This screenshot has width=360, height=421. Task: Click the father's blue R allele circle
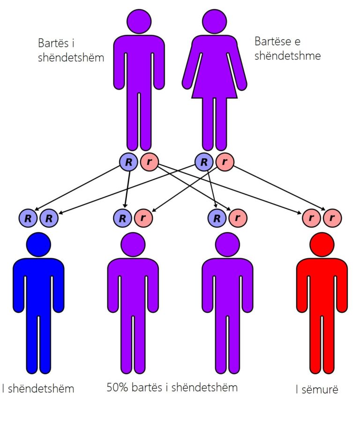click(x=128, y=162)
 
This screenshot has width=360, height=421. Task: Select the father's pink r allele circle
click(x=149, y=162)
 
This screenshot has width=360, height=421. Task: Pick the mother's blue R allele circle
click(x=204, y=162)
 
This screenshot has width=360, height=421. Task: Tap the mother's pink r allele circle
click(x=225, y=162)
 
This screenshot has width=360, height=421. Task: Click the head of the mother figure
click(x=214, y=21)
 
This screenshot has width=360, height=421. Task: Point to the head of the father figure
click(x=139, y=21)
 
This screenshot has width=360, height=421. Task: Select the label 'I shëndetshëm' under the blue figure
click(x=38, y=389)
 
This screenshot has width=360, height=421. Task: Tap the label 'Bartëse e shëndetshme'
click(x=287, y=49)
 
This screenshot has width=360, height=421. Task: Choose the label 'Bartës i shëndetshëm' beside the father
click(x=71, y=51)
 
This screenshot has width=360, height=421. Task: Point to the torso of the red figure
click(x=322, y=286)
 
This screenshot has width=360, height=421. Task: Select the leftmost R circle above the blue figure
click(x=28, y=218)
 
